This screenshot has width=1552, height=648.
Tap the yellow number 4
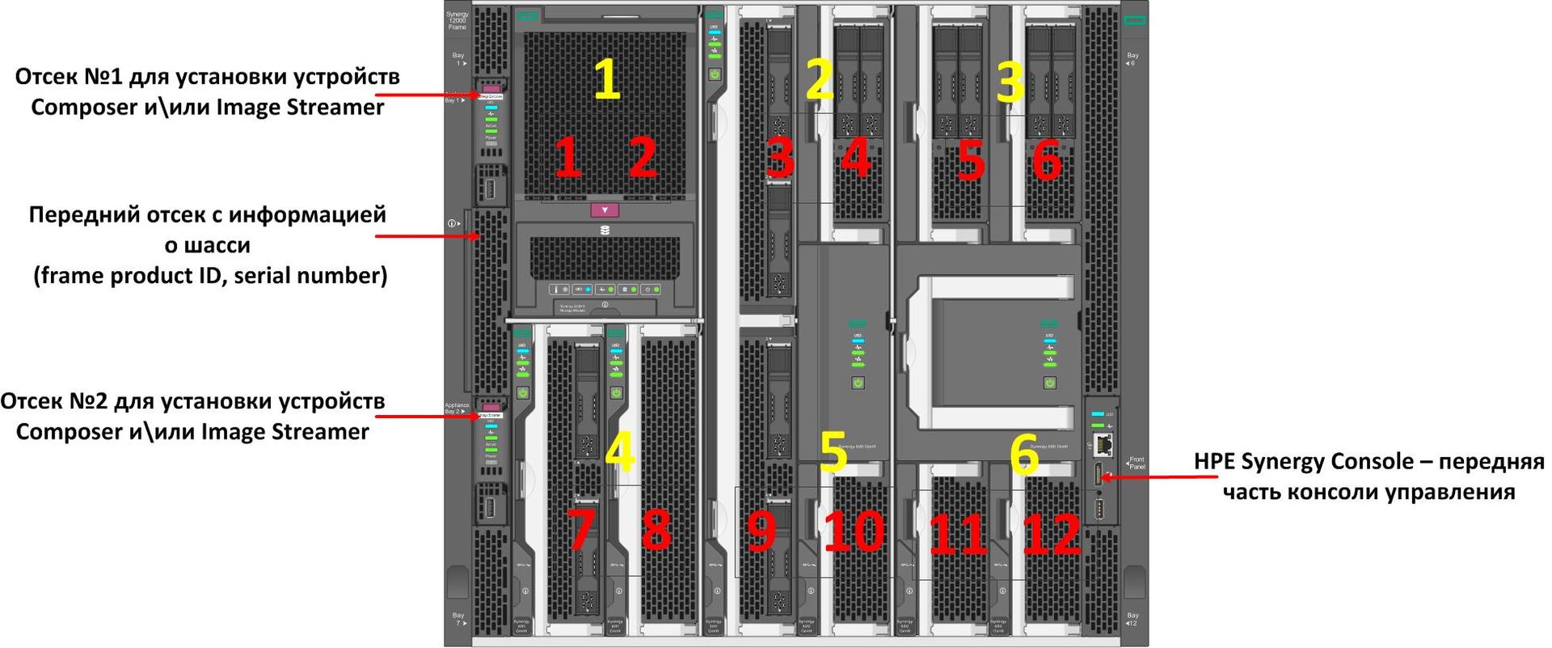(619, 452)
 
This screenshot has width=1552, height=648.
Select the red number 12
(1051, 533)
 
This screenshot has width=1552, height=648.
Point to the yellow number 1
(607, 78)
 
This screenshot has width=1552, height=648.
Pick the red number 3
(780, 157)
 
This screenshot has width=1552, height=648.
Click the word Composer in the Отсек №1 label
(85, 108)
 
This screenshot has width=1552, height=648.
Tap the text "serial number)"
(311, 276)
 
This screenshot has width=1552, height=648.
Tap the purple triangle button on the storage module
(605, 210)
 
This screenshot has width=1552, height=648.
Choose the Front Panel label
(1137, 463)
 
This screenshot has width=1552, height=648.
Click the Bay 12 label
(1132, 619)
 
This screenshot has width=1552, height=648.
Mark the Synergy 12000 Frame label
(458, 21)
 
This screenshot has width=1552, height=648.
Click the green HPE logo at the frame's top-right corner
(1134, 19)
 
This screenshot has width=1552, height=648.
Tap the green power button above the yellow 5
(858, 383)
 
